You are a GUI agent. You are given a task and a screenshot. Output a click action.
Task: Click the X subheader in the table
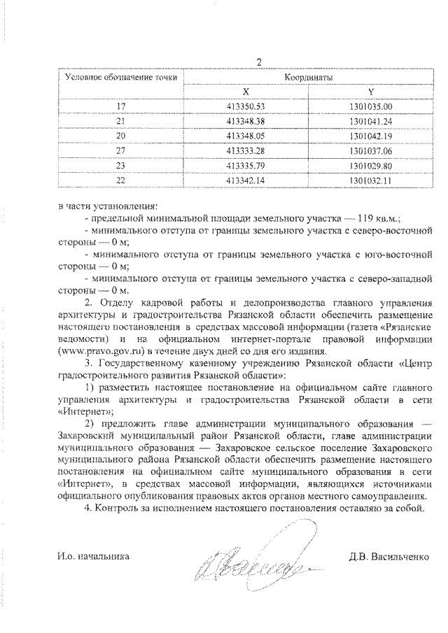tap(245, 92)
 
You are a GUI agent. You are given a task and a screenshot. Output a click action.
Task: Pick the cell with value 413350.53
tap(246, 106)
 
